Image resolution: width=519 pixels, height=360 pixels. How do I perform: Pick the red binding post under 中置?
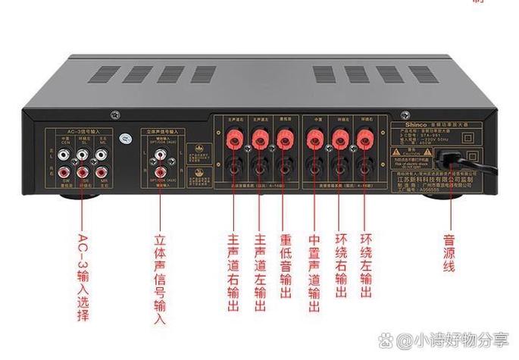[x=313, y=138]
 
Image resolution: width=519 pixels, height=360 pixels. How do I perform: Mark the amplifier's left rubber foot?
[x=77, y=195]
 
